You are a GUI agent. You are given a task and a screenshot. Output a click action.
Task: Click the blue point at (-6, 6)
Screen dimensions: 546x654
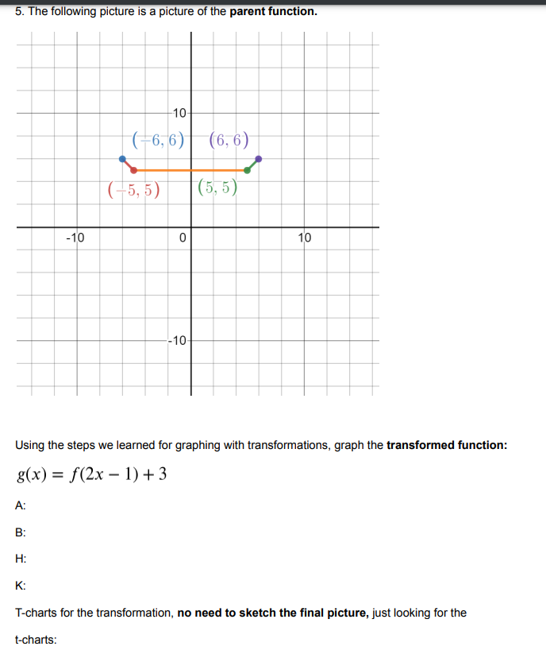click(x=122, y=159)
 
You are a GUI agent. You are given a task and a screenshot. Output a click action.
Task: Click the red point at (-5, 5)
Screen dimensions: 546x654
click(x=133, y=170)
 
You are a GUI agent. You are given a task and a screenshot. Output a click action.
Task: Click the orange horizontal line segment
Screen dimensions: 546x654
click(x=190, y=170)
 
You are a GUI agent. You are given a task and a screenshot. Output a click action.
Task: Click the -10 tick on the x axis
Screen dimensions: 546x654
click(x=76, y=237)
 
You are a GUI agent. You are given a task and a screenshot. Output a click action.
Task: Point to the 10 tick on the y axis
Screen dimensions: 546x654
click(x=179, y=112)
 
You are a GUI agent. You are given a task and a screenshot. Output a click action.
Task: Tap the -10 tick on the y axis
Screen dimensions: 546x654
click(x=178, y=341)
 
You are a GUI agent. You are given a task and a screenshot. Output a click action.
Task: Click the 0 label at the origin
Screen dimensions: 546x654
click(x=183, y=238)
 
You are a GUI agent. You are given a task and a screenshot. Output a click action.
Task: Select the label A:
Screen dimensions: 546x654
click(x=20, y=505)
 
